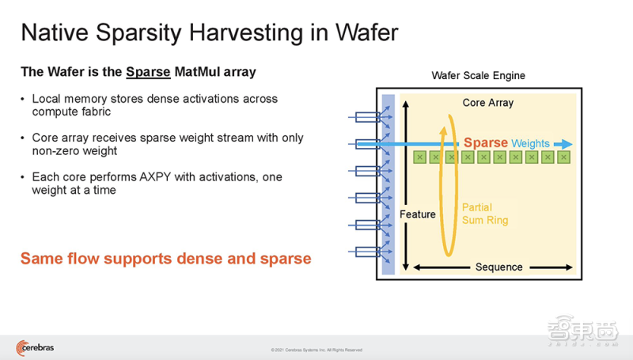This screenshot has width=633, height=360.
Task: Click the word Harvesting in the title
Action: (247, 33)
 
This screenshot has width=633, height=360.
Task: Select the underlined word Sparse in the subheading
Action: (148, 72)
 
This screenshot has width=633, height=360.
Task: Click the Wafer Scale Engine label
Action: (479, 75)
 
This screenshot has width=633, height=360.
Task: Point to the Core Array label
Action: (488, 103)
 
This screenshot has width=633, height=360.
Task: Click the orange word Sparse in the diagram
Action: (486, 142)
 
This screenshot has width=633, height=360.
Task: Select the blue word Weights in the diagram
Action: (530, 143)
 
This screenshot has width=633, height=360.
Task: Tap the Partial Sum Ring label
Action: (485, 214)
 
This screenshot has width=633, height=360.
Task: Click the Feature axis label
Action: (418, 214)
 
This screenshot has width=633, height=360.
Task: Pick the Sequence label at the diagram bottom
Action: (499, 267)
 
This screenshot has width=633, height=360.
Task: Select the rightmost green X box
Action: (563, 157)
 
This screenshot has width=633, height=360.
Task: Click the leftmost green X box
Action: (420, 157)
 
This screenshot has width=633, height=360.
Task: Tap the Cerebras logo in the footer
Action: (35, 348)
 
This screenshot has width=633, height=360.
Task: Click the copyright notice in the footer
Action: (316, 350)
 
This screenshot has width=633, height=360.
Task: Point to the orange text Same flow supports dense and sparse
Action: (166, 259)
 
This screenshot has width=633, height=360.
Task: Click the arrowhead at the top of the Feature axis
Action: (406, 104)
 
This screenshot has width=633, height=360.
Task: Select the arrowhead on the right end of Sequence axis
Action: (569, 267)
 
